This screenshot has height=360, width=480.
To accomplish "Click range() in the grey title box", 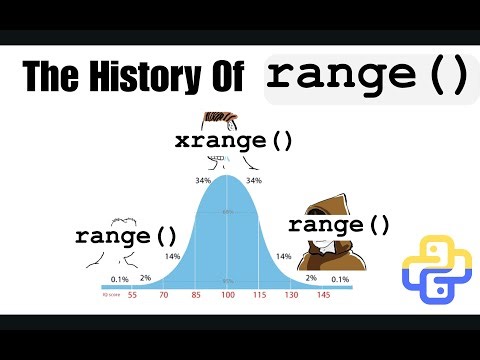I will (366, 77).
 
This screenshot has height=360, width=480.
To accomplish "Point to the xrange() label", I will (234, 140).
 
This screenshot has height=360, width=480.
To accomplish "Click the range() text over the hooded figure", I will (339, 225).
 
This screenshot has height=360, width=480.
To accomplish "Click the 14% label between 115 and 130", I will (283, 257).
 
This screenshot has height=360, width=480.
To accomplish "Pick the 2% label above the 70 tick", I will (146, 278).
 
